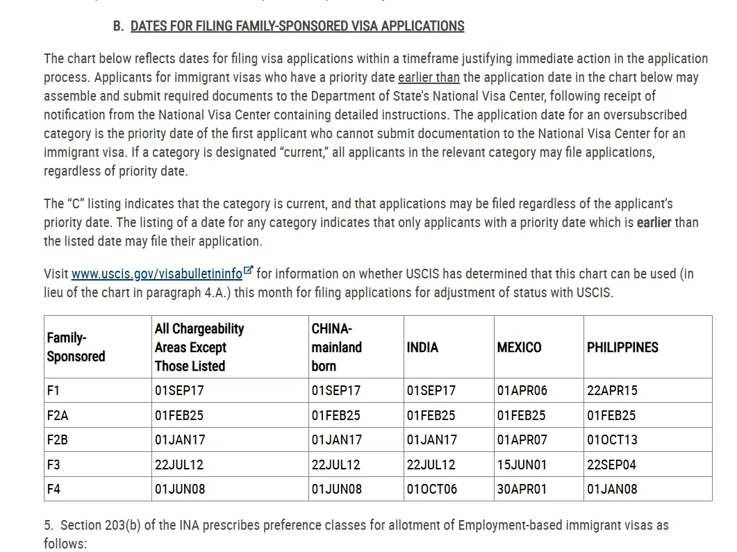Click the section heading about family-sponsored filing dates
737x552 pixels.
pyautogui.click(x=297, y=26)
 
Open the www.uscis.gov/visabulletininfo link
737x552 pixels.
pyautogui.click(x=157, y=274)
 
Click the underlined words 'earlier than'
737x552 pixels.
pyautogui.click(x=429, y=77)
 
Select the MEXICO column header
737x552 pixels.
pyautogui.click(x=519, y=347)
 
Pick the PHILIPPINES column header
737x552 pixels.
pyautogui.click(x=622, y=347)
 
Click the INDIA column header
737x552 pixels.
pyautogui.click(x=422, y=347)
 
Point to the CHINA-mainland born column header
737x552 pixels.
pyautogui.click(x=336, y=347)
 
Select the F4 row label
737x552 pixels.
pyautogui.click(x=53, y=489)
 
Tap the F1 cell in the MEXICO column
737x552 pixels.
pyautogui.click(x=522, y=390)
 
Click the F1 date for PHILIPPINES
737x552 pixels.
pyautogui.click(x=612, y=390)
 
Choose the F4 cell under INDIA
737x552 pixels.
pyautogui.click(x=432, y=489)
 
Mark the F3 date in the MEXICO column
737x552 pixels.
pyautogui.click(x=522, y=465)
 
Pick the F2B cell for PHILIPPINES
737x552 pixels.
pyautogui.click(x=612, y=440)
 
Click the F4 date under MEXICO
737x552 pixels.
pyautogui.click(x=522, y=489)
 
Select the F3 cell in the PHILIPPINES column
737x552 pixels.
pyautogui.click(x=611, y=465)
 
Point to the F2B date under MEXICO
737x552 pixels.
pyautogui.click(x=522, y=440)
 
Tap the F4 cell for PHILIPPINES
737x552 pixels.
pyautogui.click(x=612, y=489)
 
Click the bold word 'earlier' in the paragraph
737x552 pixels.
pyautogui.click(x=654, y=223)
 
